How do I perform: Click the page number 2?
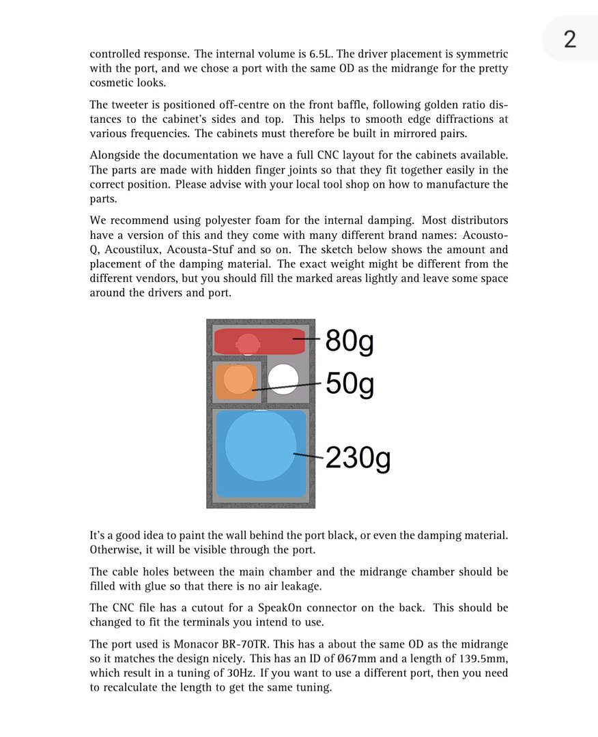tap(569, 39)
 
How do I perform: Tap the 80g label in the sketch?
tap(349, 341)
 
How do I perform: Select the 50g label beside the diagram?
tap(350, 384)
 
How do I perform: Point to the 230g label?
tap(358, 458)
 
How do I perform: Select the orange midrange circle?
tap(238, 379)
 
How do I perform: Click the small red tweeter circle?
tap(247, 343)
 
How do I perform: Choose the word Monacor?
tap(187, 644)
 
